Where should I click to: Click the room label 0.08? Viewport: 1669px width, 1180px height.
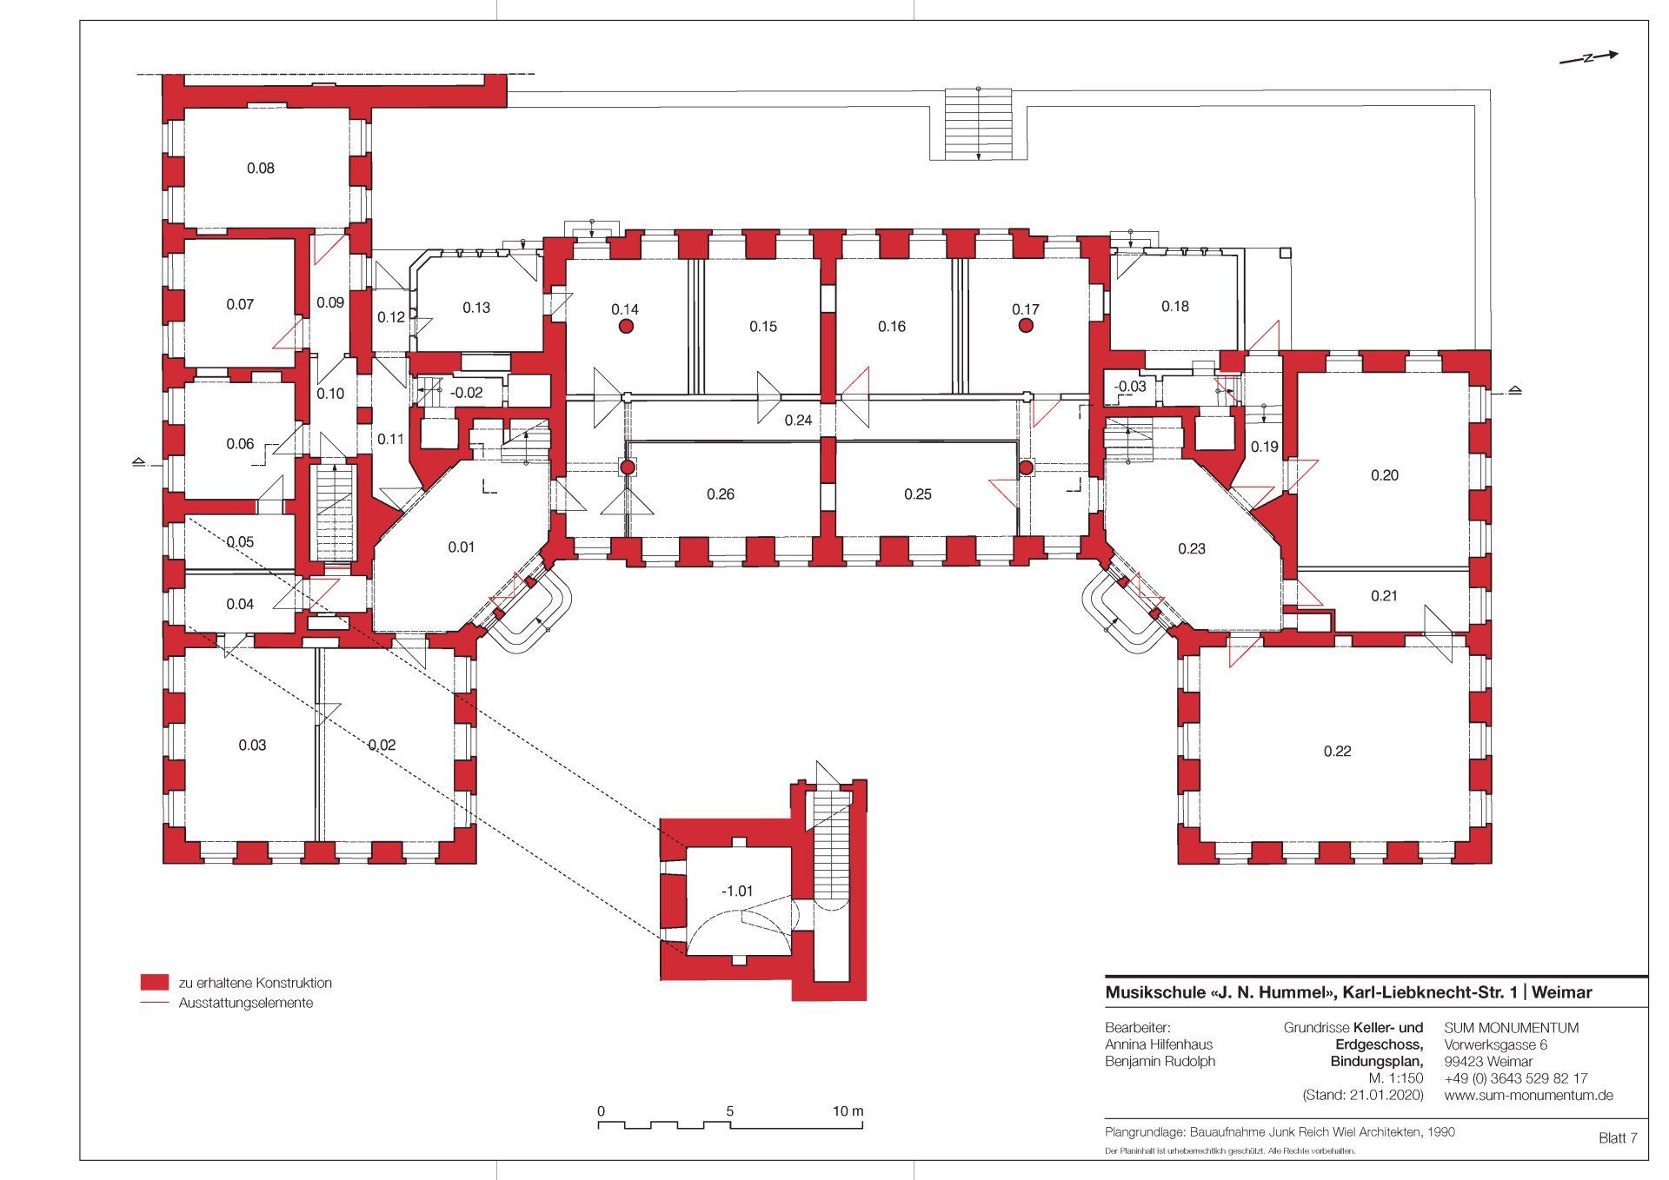(261, 169)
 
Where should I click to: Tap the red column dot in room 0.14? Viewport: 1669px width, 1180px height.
(625, 327)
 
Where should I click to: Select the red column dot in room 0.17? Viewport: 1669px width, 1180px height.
(1026, 326)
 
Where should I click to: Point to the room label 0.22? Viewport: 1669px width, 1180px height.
(1337, 752)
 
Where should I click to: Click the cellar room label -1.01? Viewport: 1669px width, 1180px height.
(737, 892)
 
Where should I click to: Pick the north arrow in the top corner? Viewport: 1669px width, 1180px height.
(1588, 58)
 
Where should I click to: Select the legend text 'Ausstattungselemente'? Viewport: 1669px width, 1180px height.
(246, 1003)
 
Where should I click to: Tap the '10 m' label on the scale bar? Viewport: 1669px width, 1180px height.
(848, 1111)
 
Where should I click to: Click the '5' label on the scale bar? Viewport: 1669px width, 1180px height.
(730, 1111)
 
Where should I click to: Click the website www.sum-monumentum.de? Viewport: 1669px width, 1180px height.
(1529, 1096)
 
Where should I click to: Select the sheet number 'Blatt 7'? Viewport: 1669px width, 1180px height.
(1618, 1138)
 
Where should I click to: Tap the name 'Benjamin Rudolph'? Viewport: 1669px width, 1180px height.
(1160, 1062)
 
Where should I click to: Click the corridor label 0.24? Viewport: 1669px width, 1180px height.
(798, 421)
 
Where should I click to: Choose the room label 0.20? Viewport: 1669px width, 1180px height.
(1385, 475)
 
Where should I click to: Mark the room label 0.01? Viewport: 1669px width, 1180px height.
(462, 547)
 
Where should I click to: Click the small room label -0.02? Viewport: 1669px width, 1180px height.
(466, 393)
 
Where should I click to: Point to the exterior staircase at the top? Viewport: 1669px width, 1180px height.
(979, 123)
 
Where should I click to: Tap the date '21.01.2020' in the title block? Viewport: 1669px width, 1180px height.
(1386, 1096)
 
